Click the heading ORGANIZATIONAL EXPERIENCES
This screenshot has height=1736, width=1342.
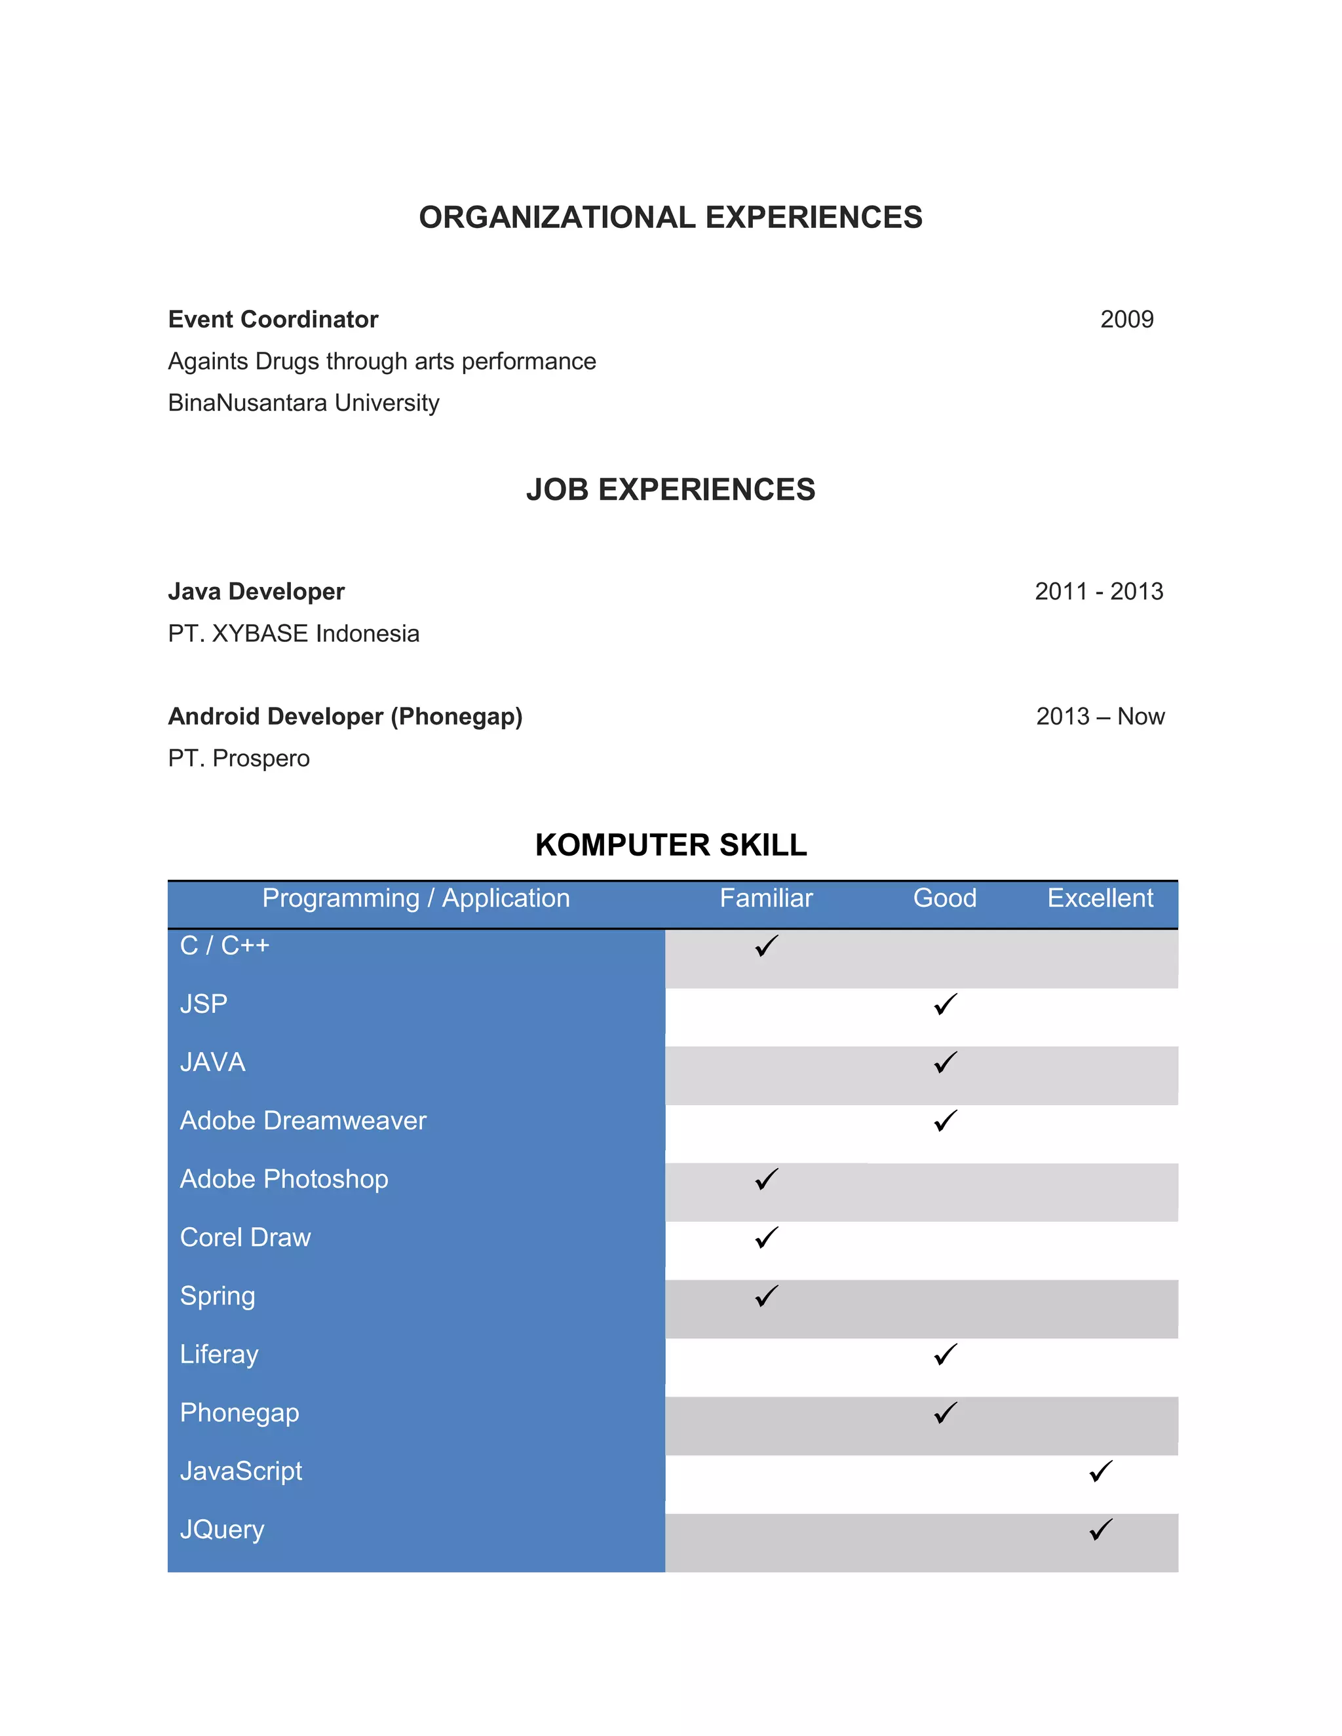tap(670, 217)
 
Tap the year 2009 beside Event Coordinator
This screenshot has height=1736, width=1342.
tap(1126, 319)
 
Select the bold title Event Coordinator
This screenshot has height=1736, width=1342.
tap(273, 319)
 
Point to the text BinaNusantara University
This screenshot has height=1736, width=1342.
tap(303, 403)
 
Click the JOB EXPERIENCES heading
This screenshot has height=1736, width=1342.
tap(670, 489)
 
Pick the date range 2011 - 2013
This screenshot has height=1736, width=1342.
tap(1099, 592)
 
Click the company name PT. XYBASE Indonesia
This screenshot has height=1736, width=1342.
tap(294, 633)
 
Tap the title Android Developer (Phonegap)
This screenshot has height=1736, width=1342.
tap(345, 716)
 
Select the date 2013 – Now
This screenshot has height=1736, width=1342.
tap(1100, 716)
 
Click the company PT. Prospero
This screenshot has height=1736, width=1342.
tap(239, 759)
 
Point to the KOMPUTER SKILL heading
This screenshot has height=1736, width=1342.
tap(670, 845)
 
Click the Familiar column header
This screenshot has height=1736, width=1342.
tap(765, 898)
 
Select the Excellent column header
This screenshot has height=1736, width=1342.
tap(1100, 898)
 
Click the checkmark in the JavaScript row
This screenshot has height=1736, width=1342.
tap(1100, 1471)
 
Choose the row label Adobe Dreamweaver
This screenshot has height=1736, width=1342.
tap(303, 1121)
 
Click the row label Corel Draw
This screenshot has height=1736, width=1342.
tap(245, 1237)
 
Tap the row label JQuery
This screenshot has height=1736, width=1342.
tap(222, 1530)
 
